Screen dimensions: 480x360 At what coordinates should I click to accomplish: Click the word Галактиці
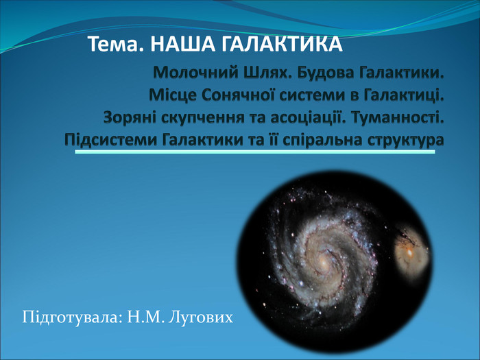tap(404, 95)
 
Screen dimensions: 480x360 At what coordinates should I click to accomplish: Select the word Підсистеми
tap(111, 140)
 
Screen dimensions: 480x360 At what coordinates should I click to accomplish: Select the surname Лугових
tap(200, 317)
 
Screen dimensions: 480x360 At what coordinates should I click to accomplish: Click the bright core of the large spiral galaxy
tap(323, 263)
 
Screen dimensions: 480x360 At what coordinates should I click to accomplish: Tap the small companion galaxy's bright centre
tap(409, 252)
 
